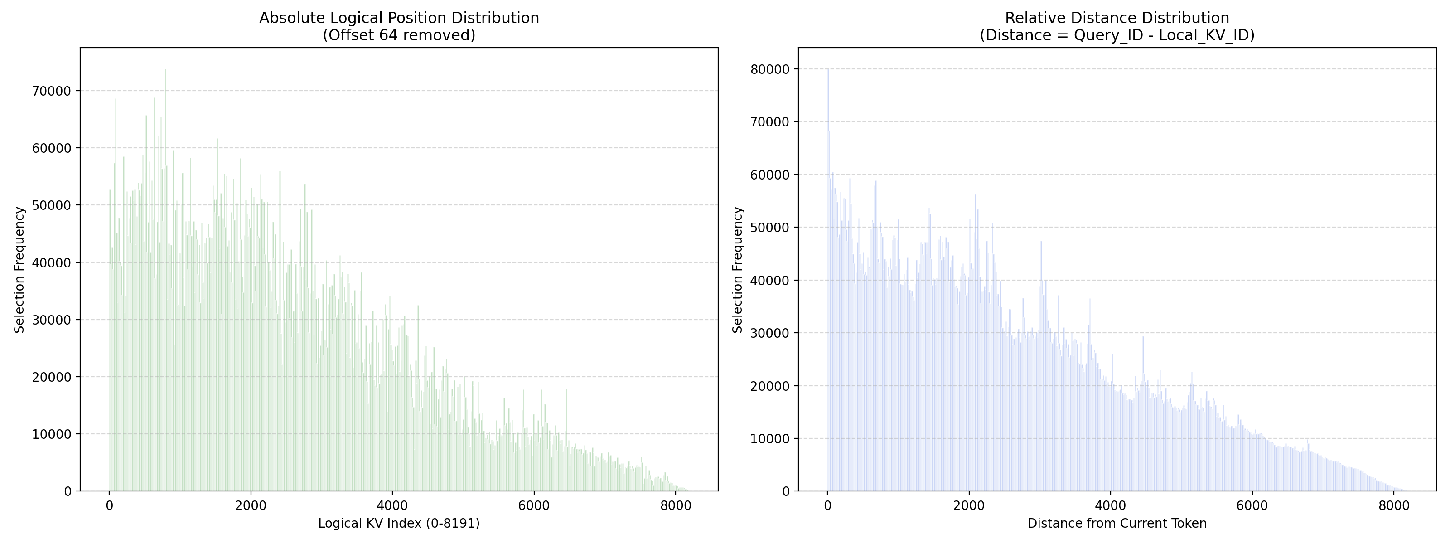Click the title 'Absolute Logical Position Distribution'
click(399, 18)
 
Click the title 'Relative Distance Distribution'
click(1117, 18)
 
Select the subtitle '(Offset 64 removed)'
click(399, 35)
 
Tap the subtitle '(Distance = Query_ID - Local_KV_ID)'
click(1117, 35)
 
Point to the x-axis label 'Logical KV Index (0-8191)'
click(399, 523)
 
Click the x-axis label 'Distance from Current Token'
click(1117, 523)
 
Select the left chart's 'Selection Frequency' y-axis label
click(19, 270)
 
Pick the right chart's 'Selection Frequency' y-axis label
click(738, 270)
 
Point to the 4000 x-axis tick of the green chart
click(392, 505)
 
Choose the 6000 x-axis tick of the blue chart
click(1252, 505)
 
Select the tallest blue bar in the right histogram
click(828, 280)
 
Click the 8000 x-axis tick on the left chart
click(676, 505)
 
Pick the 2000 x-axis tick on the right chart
click(969, 505)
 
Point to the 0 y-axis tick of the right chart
click(786, 491)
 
